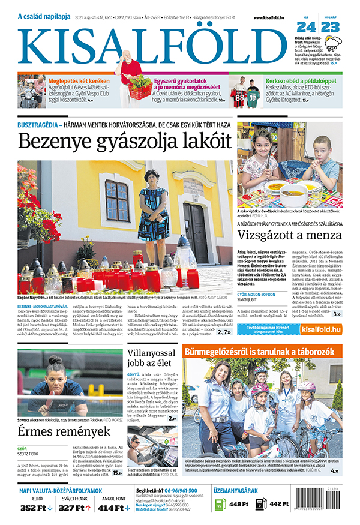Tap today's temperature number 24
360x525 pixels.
coord(307,28)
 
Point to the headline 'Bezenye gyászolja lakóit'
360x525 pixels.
coord(124,142)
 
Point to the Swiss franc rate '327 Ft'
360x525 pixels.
coord(74,508)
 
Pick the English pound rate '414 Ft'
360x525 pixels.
coord(112,508)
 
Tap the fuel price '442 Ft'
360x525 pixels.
coord(280,504)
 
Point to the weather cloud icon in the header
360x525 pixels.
coord(334,44)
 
